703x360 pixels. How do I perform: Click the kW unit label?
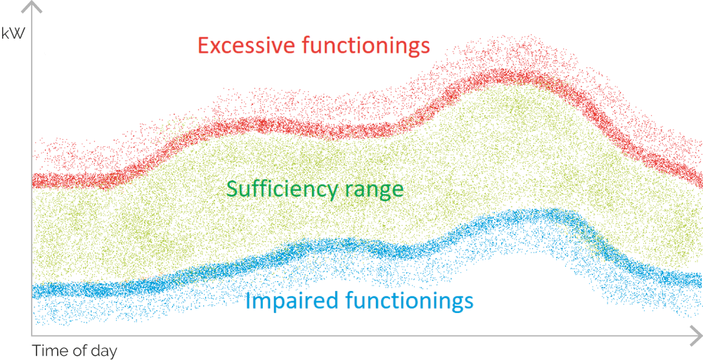pos(13,33)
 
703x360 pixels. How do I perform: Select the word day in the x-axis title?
pos(104,351)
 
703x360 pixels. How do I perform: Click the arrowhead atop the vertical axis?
pos(32,6)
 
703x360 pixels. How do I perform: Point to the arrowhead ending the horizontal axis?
pos(696,335)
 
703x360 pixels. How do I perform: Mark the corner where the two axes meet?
pos(32,335)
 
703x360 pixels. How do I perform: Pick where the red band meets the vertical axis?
pos(32,181)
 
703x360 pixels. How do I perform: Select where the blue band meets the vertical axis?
pos(32,291)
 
